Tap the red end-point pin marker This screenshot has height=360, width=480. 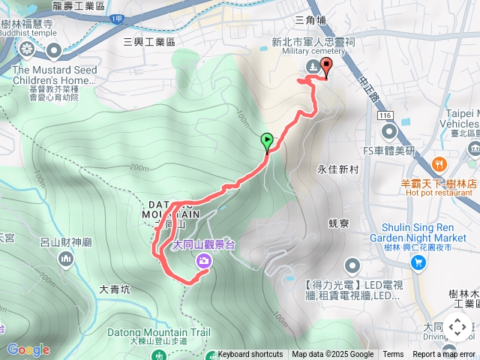coord(326,66)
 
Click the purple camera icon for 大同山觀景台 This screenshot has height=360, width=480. coord(204,261)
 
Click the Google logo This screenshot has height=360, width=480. coord(28,349)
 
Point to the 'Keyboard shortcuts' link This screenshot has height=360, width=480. coord(250,355)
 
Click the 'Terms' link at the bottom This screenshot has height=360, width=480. coord(393,355)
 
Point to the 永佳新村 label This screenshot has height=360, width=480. coord(339,169)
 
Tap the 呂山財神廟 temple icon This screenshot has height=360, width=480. coord(66,259)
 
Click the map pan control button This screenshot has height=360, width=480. coord(457,327)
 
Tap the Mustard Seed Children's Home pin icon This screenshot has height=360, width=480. coord(54,51)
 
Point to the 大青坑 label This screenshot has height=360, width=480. coord(114,289)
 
